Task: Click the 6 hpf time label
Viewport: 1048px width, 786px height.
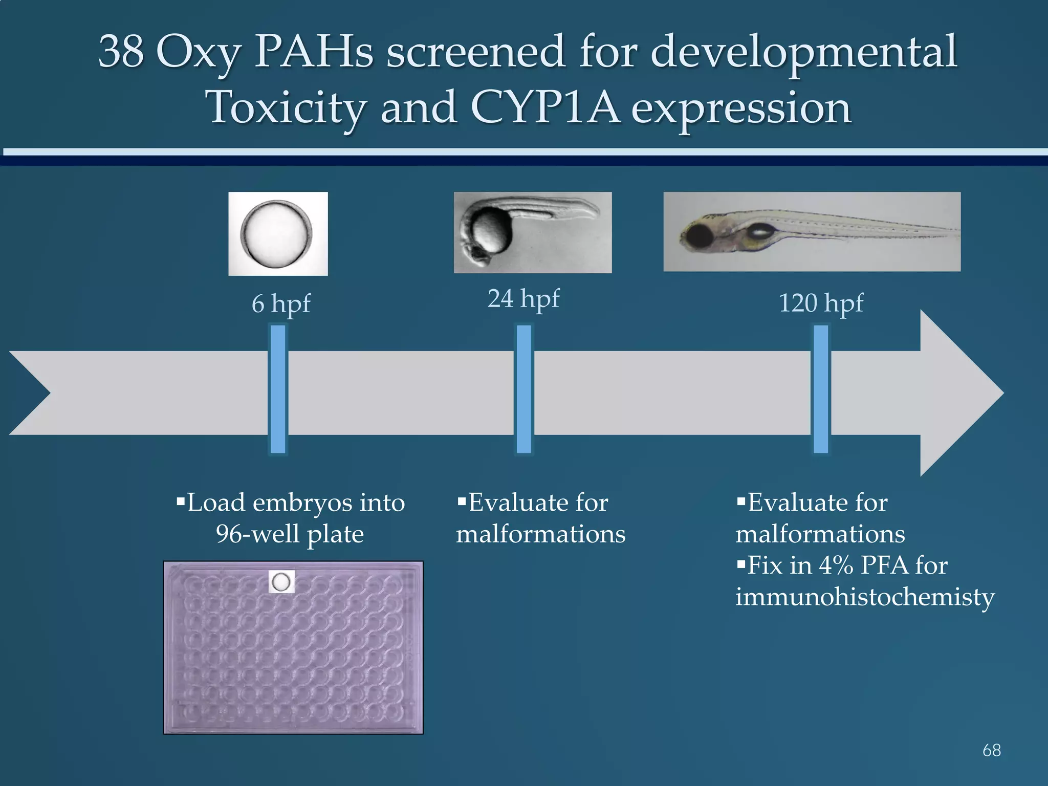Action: [x=280, y=304]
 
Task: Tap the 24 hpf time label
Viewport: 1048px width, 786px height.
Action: [x=523, y=299]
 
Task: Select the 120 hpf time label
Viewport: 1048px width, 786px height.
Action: [x=821, y=303]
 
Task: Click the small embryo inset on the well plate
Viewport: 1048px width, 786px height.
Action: [x=281, y=582]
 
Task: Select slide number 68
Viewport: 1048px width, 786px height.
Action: [x=991, y=750]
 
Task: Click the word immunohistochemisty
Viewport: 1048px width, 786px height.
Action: [x=865, y=597]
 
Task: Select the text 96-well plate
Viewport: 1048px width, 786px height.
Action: [x=290, y=534]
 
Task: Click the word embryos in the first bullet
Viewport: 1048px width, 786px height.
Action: [x=302, y=503]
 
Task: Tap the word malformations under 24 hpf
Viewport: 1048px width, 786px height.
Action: [x=540, y=534]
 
